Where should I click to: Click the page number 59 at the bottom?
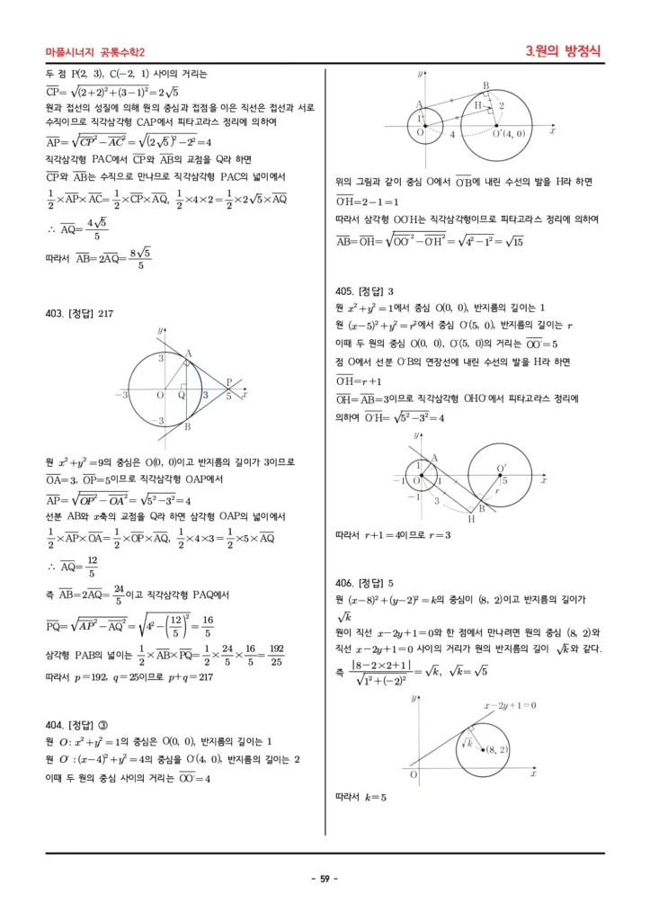pos(324,879)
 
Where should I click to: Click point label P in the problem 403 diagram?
pos(228,382)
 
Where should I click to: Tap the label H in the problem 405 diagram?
pos(471,519)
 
